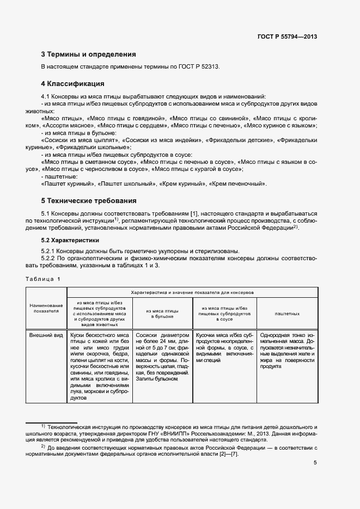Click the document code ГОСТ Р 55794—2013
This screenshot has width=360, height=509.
tap(287, 36)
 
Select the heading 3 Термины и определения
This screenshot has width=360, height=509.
tap(88, 54)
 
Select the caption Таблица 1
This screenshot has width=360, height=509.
tap(44, 279)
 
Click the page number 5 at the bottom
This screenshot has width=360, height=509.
tap(315, 463)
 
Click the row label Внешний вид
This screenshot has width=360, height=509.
tap(45, 336)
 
